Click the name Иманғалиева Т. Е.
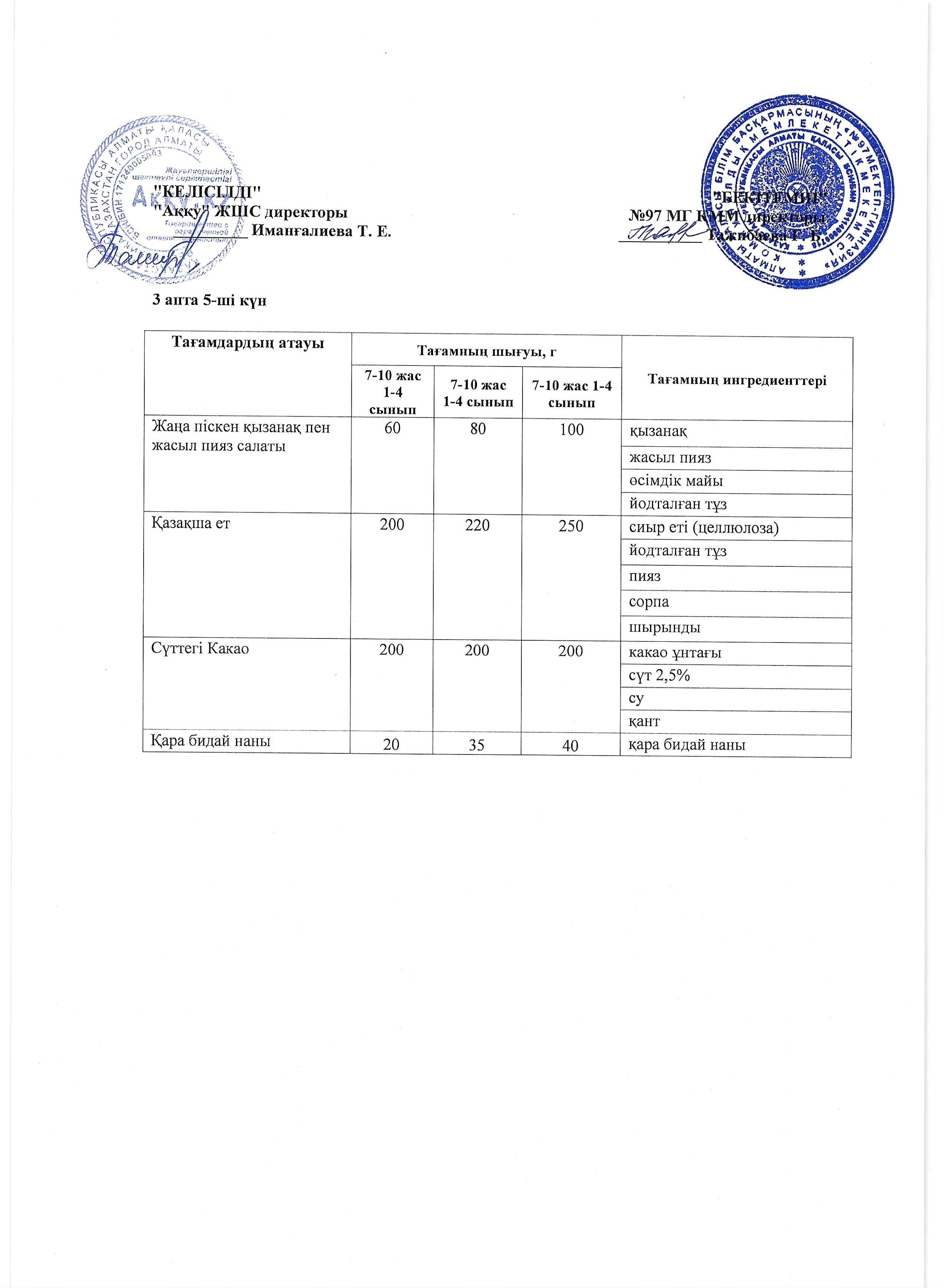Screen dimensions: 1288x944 [x=321, y=232]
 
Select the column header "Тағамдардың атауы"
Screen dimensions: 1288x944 [x=247, y=343]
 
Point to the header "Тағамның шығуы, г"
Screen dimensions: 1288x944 [x=486, y=350]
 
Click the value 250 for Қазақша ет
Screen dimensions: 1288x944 [x=571, y=526]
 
